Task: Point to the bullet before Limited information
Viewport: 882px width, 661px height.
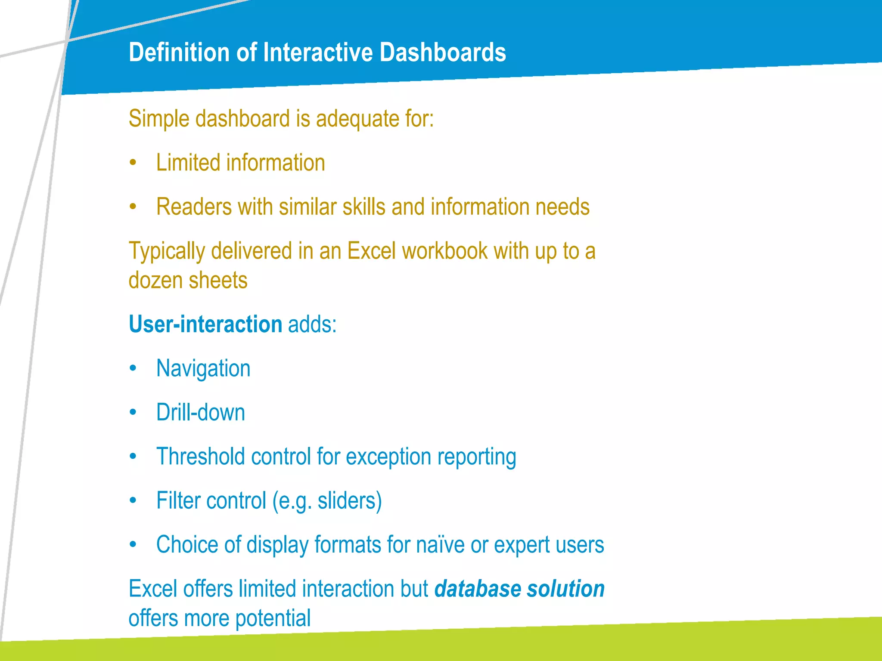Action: click(133, 163)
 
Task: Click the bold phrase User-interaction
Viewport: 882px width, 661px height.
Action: click(205, 324)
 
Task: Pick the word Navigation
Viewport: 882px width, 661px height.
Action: click(203, 369)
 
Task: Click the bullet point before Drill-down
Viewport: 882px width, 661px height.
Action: click(133, 413)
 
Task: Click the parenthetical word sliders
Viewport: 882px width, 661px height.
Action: click(348, 501)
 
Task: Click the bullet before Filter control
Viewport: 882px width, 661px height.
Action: click(133, 500)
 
